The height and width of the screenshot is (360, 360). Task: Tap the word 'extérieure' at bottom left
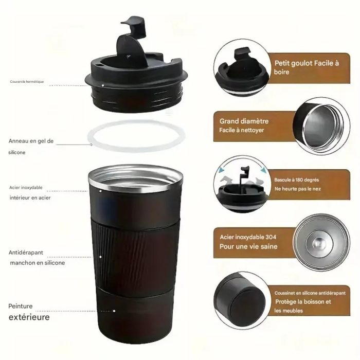pyautogui.click(x=29, y=317)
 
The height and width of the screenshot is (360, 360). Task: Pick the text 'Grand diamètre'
pyautogui.click(x=244, y=121)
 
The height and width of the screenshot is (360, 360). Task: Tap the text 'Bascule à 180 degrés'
pyautogui.click(x=297, y=179)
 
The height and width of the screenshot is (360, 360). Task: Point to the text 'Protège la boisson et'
pyautogui.click(x=303, y=301)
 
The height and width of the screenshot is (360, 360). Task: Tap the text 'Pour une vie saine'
pyautogui.click(x=248, y=246)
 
